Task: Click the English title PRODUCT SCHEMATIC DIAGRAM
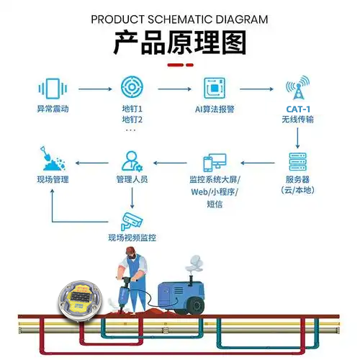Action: click(179, 19)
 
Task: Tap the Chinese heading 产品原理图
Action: click(179, 44)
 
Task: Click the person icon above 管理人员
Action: click(132, 161)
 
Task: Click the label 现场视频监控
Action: click(132, 237)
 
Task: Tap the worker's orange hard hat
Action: click(129, 251)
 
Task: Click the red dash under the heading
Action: click(179, 65)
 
